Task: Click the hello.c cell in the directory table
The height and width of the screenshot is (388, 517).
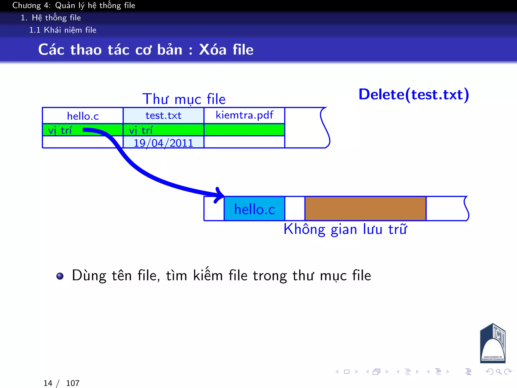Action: (83, 116)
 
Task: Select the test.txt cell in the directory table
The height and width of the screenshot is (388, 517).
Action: (163, 116)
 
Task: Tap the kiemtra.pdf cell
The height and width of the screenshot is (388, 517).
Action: (244, 115)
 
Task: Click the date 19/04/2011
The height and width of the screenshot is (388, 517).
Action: (163, 143)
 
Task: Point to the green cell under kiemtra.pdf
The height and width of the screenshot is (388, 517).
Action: (244, 130)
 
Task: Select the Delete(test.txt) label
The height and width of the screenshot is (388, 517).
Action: (413, 95)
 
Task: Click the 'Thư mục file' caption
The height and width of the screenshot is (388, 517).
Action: (184, 99)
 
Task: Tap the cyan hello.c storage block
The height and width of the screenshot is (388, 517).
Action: (254, 209)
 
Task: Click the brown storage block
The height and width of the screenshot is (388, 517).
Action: (365, 209)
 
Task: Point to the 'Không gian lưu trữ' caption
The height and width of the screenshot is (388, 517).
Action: (345, 229)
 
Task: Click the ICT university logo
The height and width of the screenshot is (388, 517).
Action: (493, 344)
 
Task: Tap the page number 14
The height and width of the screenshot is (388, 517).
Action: (48, 383)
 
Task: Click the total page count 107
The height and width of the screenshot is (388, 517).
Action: (73, 383)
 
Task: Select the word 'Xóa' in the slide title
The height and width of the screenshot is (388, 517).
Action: (213, 50)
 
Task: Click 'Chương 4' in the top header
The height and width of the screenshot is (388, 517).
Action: (31, 5)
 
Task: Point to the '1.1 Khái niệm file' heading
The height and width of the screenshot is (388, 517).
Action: (63, 30)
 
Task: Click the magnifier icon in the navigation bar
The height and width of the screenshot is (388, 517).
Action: (499, 372)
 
